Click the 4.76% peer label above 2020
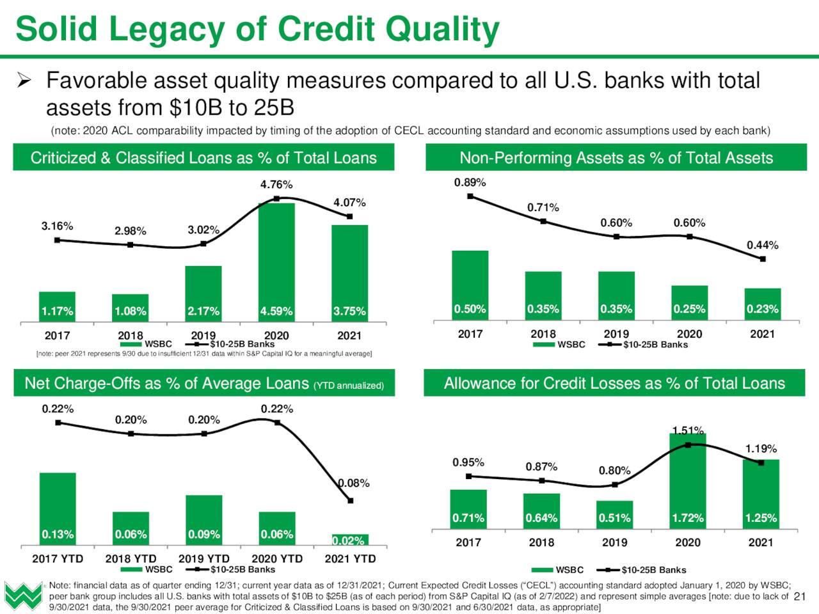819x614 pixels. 276,185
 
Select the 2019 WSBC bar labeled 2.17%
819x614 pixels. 203,294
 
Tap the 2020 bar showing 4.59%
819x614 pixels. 276,262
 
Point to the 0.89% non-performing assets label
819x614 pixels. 470,183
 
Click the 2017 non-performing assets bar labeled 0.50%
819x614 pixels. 470,285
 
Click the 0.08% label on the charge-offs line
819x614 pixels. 354,484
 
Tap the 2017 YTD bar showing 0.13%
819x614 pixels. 58,509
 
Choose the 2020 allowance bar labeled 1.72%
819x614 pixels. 688,481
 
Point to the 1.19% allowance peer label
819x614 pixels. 761,448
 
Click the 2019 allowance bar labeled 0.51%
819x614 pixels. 614,515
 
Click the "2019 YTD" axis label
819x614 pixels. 203,559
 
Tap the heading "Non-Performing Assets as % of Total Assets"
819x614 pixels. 616,158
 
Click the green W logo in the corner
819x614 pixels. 23,596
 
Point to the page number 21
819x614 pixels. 800,597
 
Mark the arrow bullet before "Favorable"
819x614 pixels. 24,81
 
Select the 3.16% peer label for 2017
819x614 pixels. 57,226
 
